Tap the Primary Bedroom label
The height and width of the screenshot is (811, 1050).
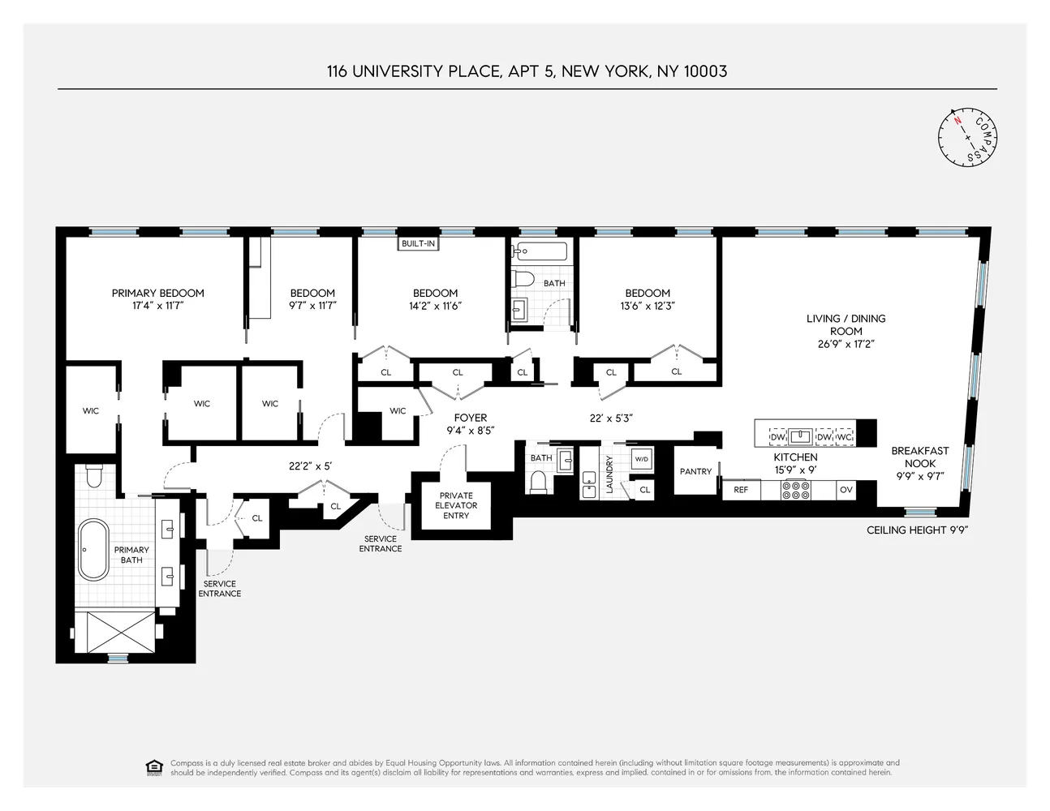click(158, 293)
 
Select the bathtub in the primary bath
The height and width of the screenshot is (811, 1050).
click(93, 549)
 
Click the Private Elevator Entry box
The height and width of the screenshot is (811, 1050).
click(456, 505)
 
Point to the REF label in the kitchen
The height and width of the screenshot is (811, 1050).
click(741, 490)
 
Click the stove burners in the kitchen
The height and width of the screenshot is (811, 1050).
click(795, 490)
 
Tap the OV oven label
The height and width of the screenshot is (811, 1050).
click(846, 490)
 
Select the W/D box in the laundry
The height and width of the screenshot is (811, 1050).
click(642, 460)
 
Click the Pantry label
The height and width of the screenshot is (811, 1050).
click(695, 471)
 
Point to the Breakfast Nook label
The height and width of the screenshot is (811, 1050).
click(920, 457)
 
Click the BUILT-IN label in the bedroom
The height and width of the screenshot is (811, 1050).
click(418, 243)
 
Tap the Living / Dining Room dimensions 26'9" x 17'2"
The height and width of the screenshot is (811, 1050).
click(846, 344)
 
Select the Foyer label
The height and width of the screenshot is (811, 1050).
click(471, 418)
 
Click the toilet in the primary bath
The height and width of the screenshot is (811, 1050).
click(93, 475)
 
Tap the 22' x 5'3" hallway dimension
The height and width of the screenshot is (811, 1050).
click(610, 418)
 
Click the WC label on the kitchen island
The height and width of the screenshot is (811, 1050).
click(844, 437)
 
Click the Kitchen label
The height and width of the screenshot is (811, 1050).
click(795, 457)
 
